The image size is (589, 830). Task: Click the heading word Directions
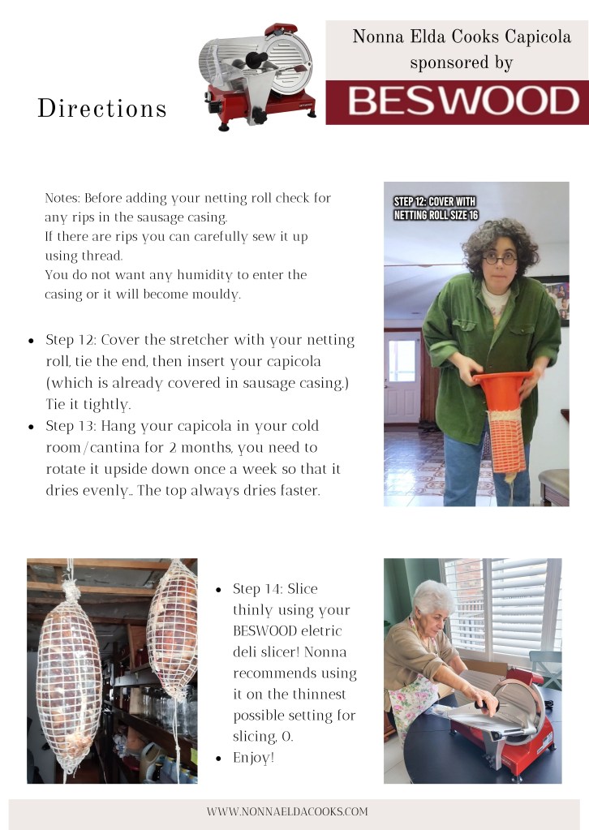click(102, 108)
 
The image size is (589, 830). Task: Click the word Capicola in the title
click(538, 37)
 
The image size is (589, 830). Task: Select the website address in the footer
click(287, 811)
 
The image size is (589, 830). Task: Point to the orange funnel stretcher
click(502, 392)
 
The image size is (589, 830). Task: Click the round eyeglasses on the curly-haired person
click(499, 259)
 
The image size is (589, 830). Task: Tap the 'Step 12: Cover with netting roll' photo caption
click(436, 208)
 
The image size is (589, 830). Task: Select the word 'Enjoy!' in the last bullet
click(253, 758)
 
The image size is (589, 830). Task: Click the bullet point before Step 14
click(218, 590)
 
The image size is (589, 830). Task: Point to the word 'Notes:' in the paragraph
click(62, 198)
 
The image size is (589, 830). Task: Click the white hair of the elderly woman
click(435, 596)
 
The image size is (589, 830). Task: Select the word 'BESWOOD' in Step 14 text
click(264, 631)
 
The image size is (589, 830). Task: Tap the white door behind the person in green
click(402, 376)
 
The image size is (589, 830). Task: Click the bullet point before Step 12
click(31, 341)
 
